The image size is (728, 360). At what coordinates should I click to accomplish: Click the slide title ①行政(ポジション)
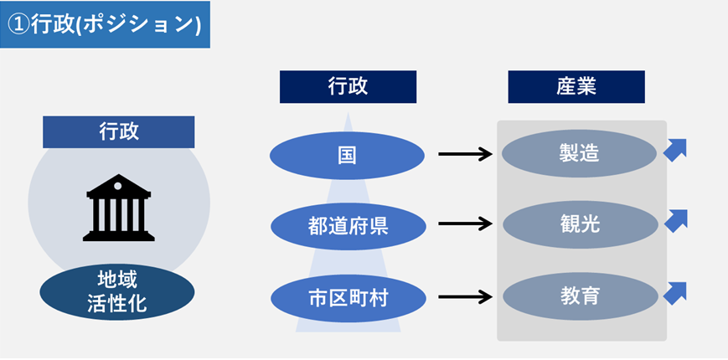click(105, 23)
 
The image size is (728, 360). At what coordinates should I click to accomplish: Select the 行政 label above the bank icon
click(119, 131)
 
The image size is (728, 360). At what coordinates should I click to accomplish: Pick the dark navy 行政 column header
click(348, 86)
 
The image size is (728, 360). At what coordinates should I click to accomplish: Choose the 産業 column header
click(576, 86)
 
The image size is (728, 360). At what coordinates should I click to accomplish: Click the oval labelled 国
click(348, 154)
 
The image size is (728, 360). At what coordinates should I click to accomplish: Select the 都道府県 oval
click(348, 225)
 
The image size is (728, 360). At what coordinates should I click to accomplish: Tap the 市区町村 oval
click(348, 297)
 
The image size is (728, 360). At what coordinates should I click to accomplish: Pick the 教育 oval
click(580, 296)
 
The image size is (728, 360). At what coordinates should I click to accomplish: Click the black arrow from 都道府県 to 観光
click(465, 224)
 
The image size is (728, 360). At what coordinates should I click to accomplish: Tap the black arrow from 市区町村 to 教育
click(465, 296)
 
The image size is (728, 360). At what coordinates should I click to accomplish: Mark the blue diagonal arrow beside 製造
click(675, 149)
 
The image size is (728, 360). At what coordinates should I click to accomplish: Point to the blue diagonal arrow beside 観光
click(675, 220)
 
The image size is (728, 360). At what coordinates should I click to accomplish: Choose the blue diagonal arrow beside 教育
click(675, 292)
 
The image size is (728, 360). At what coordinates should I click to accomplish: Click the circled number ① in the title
click(19, 24)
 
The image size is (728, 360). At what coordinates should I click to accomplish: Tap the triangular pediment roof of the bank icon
click(119, 185)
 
